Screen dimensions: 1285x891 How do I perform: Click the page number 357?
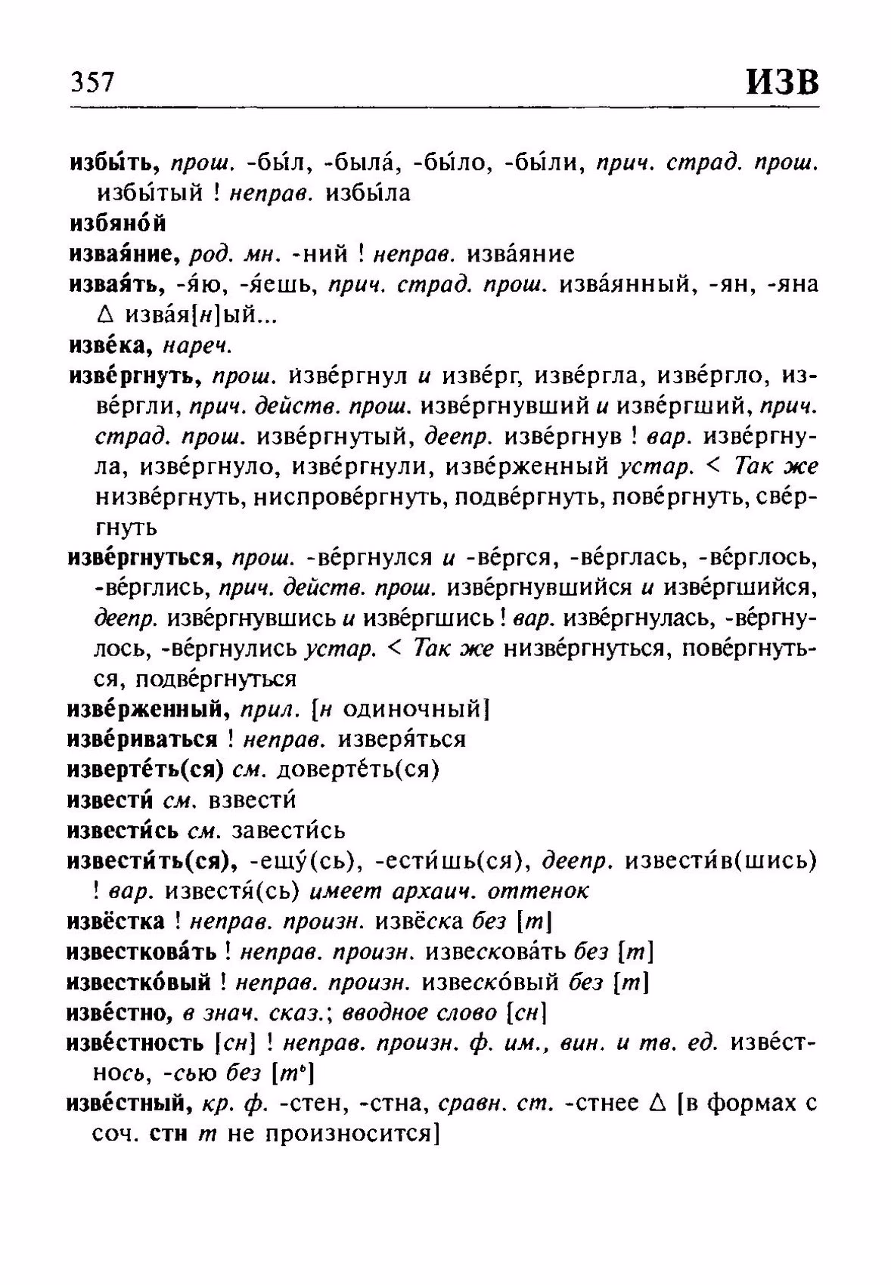coord(92,81)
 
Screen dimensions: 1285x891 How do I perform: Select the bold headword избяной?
coord(117,224)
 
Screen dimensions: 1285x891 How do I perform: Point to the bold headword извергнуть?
coord(133,376)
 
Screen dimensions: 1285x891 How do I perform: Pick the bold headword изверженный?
coord(147,709)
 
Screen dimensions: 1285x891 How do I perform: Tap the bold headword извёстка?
coord(116,921)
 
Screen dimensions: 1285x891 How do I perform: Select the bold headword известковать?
coord(141,952)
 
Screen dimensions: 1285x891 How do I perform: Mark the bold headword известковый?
coord(138,982)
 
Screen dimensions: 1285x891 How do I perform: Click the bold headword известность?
coord(135,1043)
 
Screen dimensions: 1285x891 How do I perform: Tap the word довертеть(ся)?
coord(359,769)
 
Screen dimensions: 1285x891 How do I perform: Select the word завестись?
coord(288,830)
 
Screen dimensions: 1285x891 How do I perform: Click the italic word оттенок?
coord(539,891)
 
